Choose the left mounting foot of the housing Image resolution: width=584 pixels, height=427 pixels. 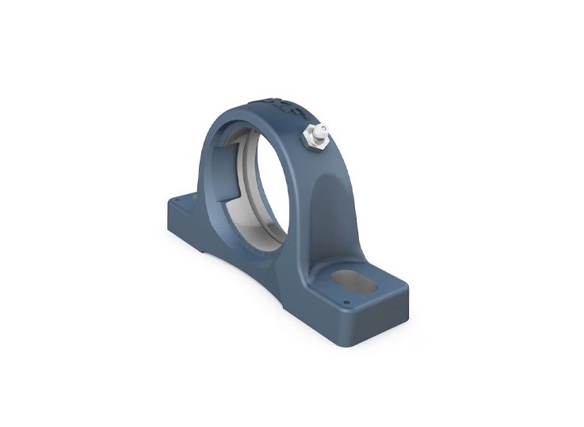[x=184, y=210]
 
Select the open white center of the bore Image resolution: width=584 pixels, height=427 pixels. [x=254, y=182]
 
